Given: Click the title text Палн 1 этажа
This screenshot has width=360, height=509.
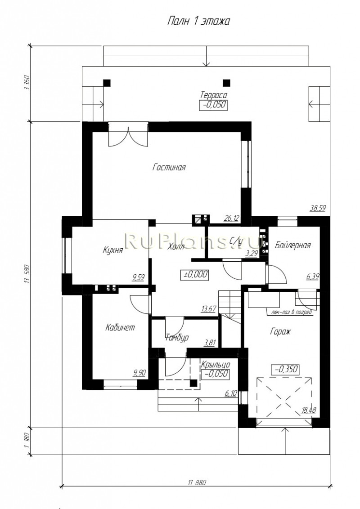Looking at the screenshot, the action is pyautogui.click(x=198, y=22).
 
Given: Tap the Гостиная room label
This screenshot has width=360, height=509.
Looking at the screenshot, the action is pyautogui.click(x=169, y=168).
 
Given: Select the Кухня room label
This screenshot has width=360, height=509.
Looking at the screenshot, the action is pyautogui.click(x=112, y=250).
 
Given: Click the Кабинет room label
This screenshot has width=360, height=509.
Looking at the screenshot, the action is pyautogui.click(x=120, y=327).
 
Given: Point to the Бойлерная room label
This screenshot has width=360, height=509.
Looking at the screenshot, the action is pyautogui.click(x=293, y=245).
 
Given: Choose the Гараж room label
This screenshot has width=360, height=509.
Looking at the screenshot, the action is pyautogui.click(x=280, y=332).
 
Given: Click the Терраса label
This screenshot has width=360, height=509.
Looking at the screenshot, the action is pyautogui.click(x=213, y=95).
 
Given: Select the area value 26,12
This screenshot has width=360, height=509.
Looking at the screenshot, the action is pyautogui.click(x=231, y=218).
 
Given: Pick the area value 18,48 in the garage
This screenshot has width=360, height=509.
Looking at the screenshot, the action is pyautogui.click(x=309, y=411).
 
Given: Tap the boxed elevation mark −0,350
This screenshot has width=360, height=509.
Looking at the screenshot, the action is pyautogui.click(x=285, y=370).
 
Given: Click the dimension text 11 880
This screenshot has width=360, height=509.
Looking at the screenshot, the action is pyautogui.click(x=197, y=482).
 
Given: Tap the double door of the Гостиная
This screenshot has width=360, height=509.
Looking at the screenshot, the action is pyautogui.click(x=128, y=135).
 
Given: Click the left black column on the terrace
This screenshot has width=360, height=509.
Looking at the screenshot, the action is pyautogui.click(x=107, y=83).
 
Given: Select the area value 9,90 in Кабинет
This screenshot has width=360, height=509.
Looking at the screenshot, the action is pyautogui.click(x=139, y=373).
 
